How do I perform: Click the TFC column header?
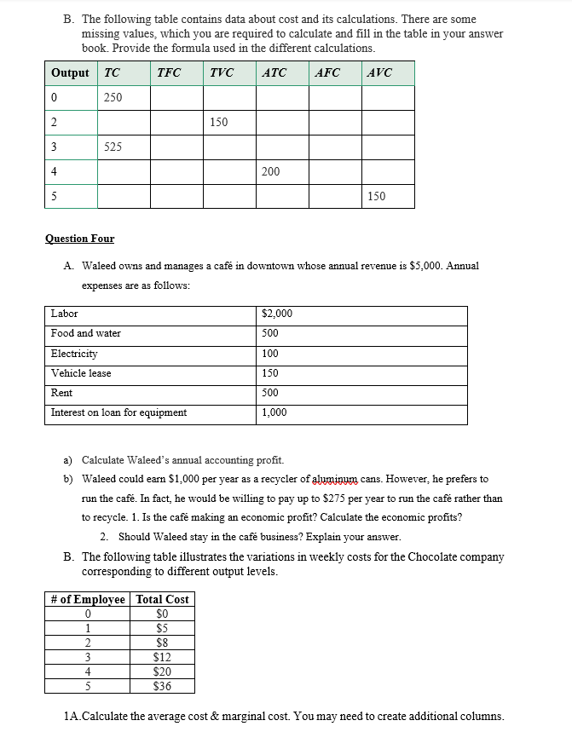pyautogui.click(x=169, y=72)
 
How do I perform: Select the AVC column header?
pyautogui.click(x=378, y=72)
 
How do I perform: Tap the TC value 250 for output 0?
pyautogui.click(x=113, y=97)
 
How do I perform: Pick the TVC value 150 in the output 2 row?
pyautogui.click(x=218, y=122)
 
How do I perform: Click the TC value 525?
pyautogui.click(x=113, y=147)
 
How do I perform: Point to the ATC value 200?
pyautogui.click(x=271, y=171)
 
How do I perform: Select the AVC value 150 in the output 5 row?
pyautogui.click(x=376, y=196)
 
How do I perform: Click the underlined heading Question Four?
pyautogui.click(x=79, y=239)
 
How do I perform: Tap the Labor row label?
pyautogui.click(x=64, y=314)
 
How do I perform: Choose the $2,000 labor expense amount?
pyautogui.click(x=277, y=314)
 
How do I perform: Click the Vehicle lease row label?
pyautogui.click(x=81, y=373)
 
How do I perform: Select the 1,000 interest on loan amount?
pyautogui.click(x=274, y=412)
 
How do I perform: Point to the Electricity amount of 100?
pyautogui.click(x=270, y=354)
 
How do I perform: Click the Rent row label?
pyautogui.click(x=61, y=393)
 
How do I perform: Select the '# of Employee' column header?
pyautogui.click(x=87, y=599)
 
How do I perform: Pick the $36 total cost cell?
pyautogui.click(x=162, y=686)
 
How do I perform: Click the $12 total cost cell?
pyautogui.click(x=162, y=657)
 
